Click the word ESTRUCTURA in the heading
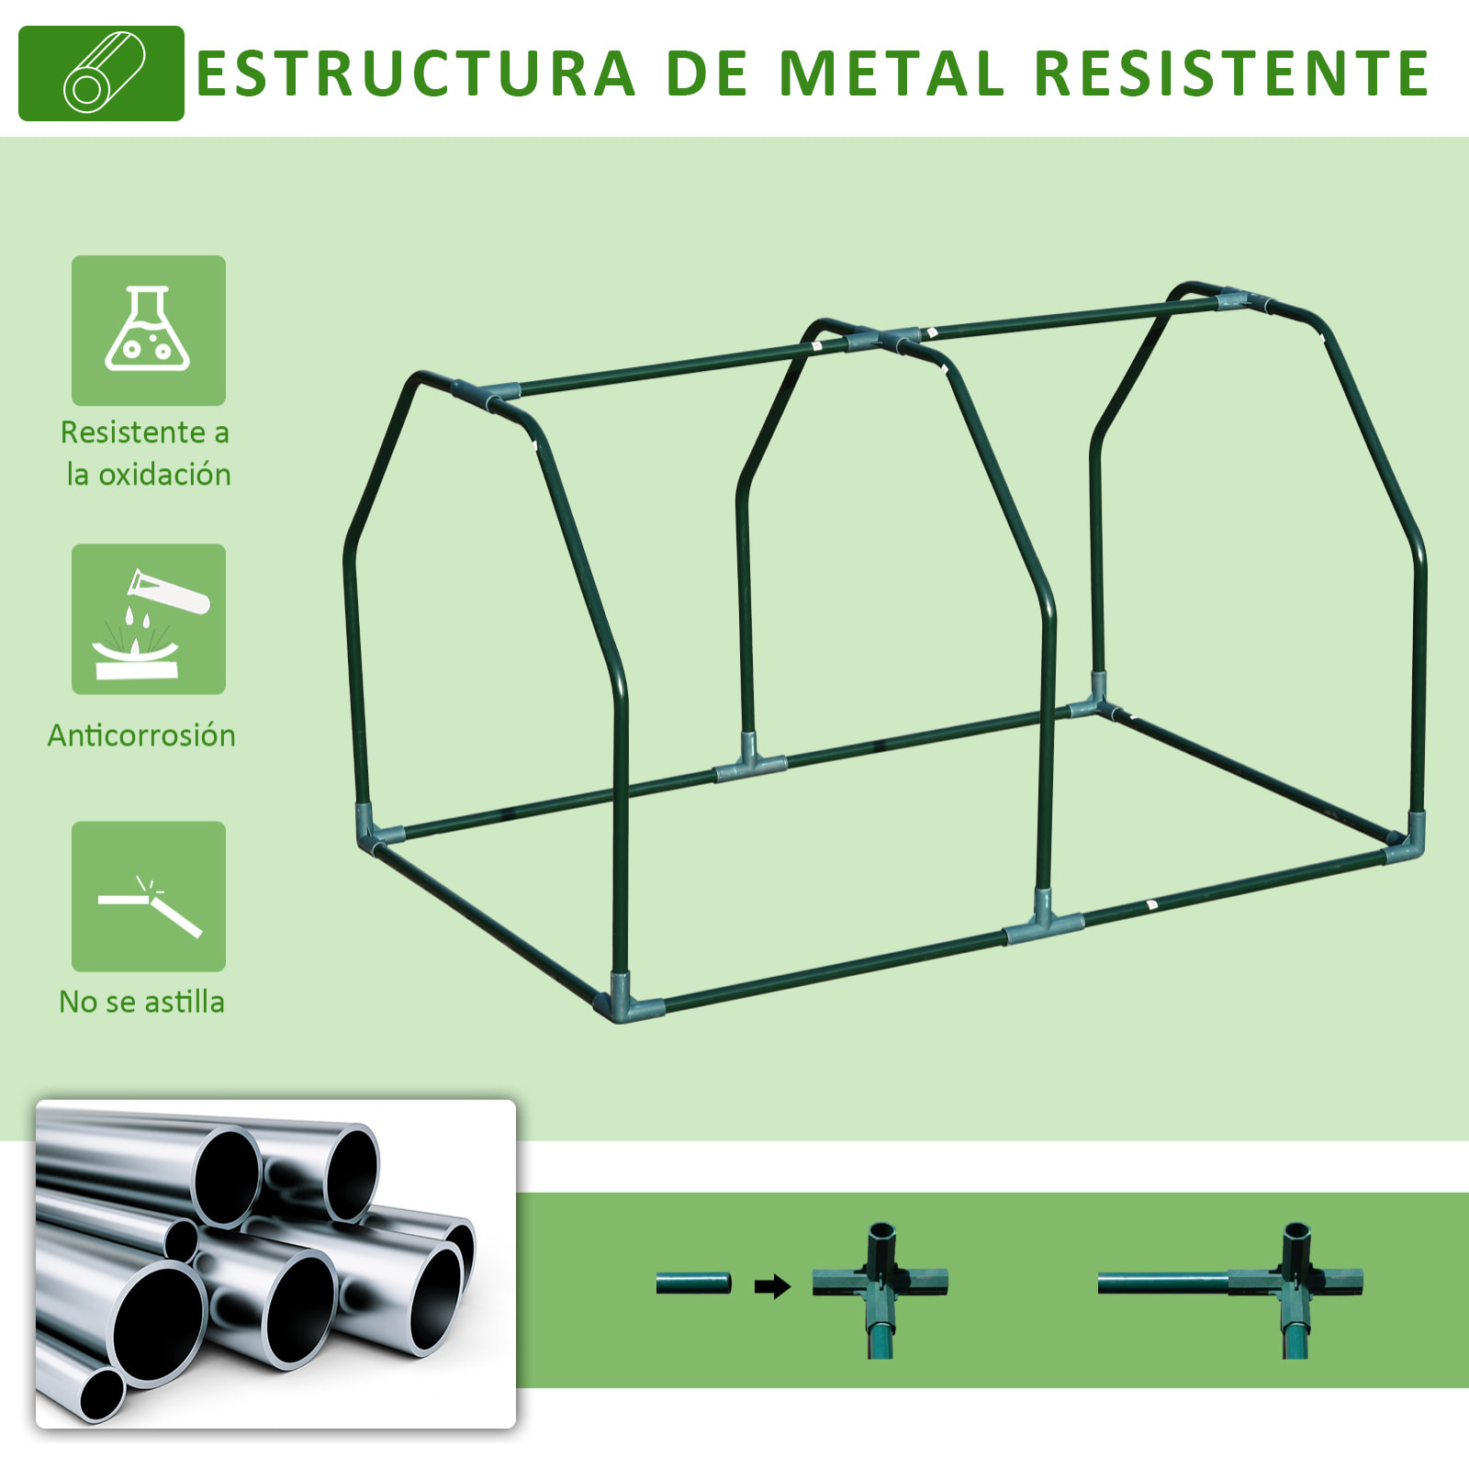(x=416, y=73)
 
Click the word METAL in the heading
(x=891, y=73)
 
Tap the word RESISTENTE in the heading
(x=1232, y=73)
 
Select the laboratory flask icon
(x=148, y=329)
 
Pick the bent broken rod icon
(x=150, y=905)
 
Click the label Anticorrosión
(x=141, y=735)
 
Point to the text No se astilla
(x=141, y=1002)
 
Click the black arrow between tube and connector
(x=772, y=1286)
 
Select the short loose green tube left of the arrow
(x=693, y=1283)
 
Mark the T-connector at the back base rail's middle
(x=750, y=761)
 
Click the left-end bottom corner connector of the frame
(x=372, y=827)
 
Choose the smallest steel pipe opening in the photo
(x=101, y=1392)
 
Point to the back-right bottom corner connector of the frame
(x=1095, y=700)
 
